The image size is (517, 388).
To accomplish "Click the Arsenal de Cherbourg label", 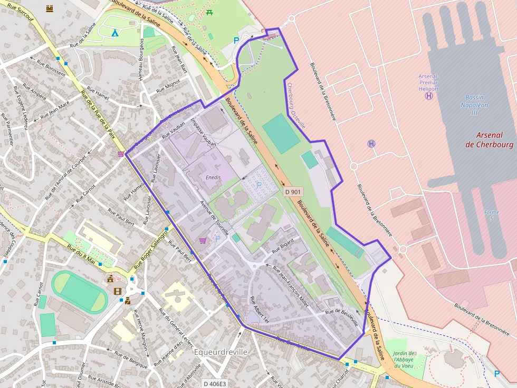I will point(489,140).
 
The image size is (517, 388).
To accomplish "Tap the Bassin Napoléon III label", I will point(477,105).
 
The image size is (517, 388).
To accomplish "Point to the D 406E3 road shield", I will point(215,384).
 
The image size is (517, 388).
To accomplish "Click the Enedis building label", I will point(213,177).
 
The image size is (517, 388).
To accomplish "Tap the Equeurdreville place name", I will point(221,352).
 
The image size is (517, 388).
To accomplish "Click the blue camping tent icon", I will point(114,33).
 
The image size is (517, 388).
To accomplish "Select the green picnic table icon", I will point(210,12).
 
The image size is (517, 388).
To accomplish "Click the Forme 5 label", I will point(491,215).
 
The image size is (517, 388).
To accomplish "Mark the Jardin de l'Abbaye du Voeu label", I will point(404,360).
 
